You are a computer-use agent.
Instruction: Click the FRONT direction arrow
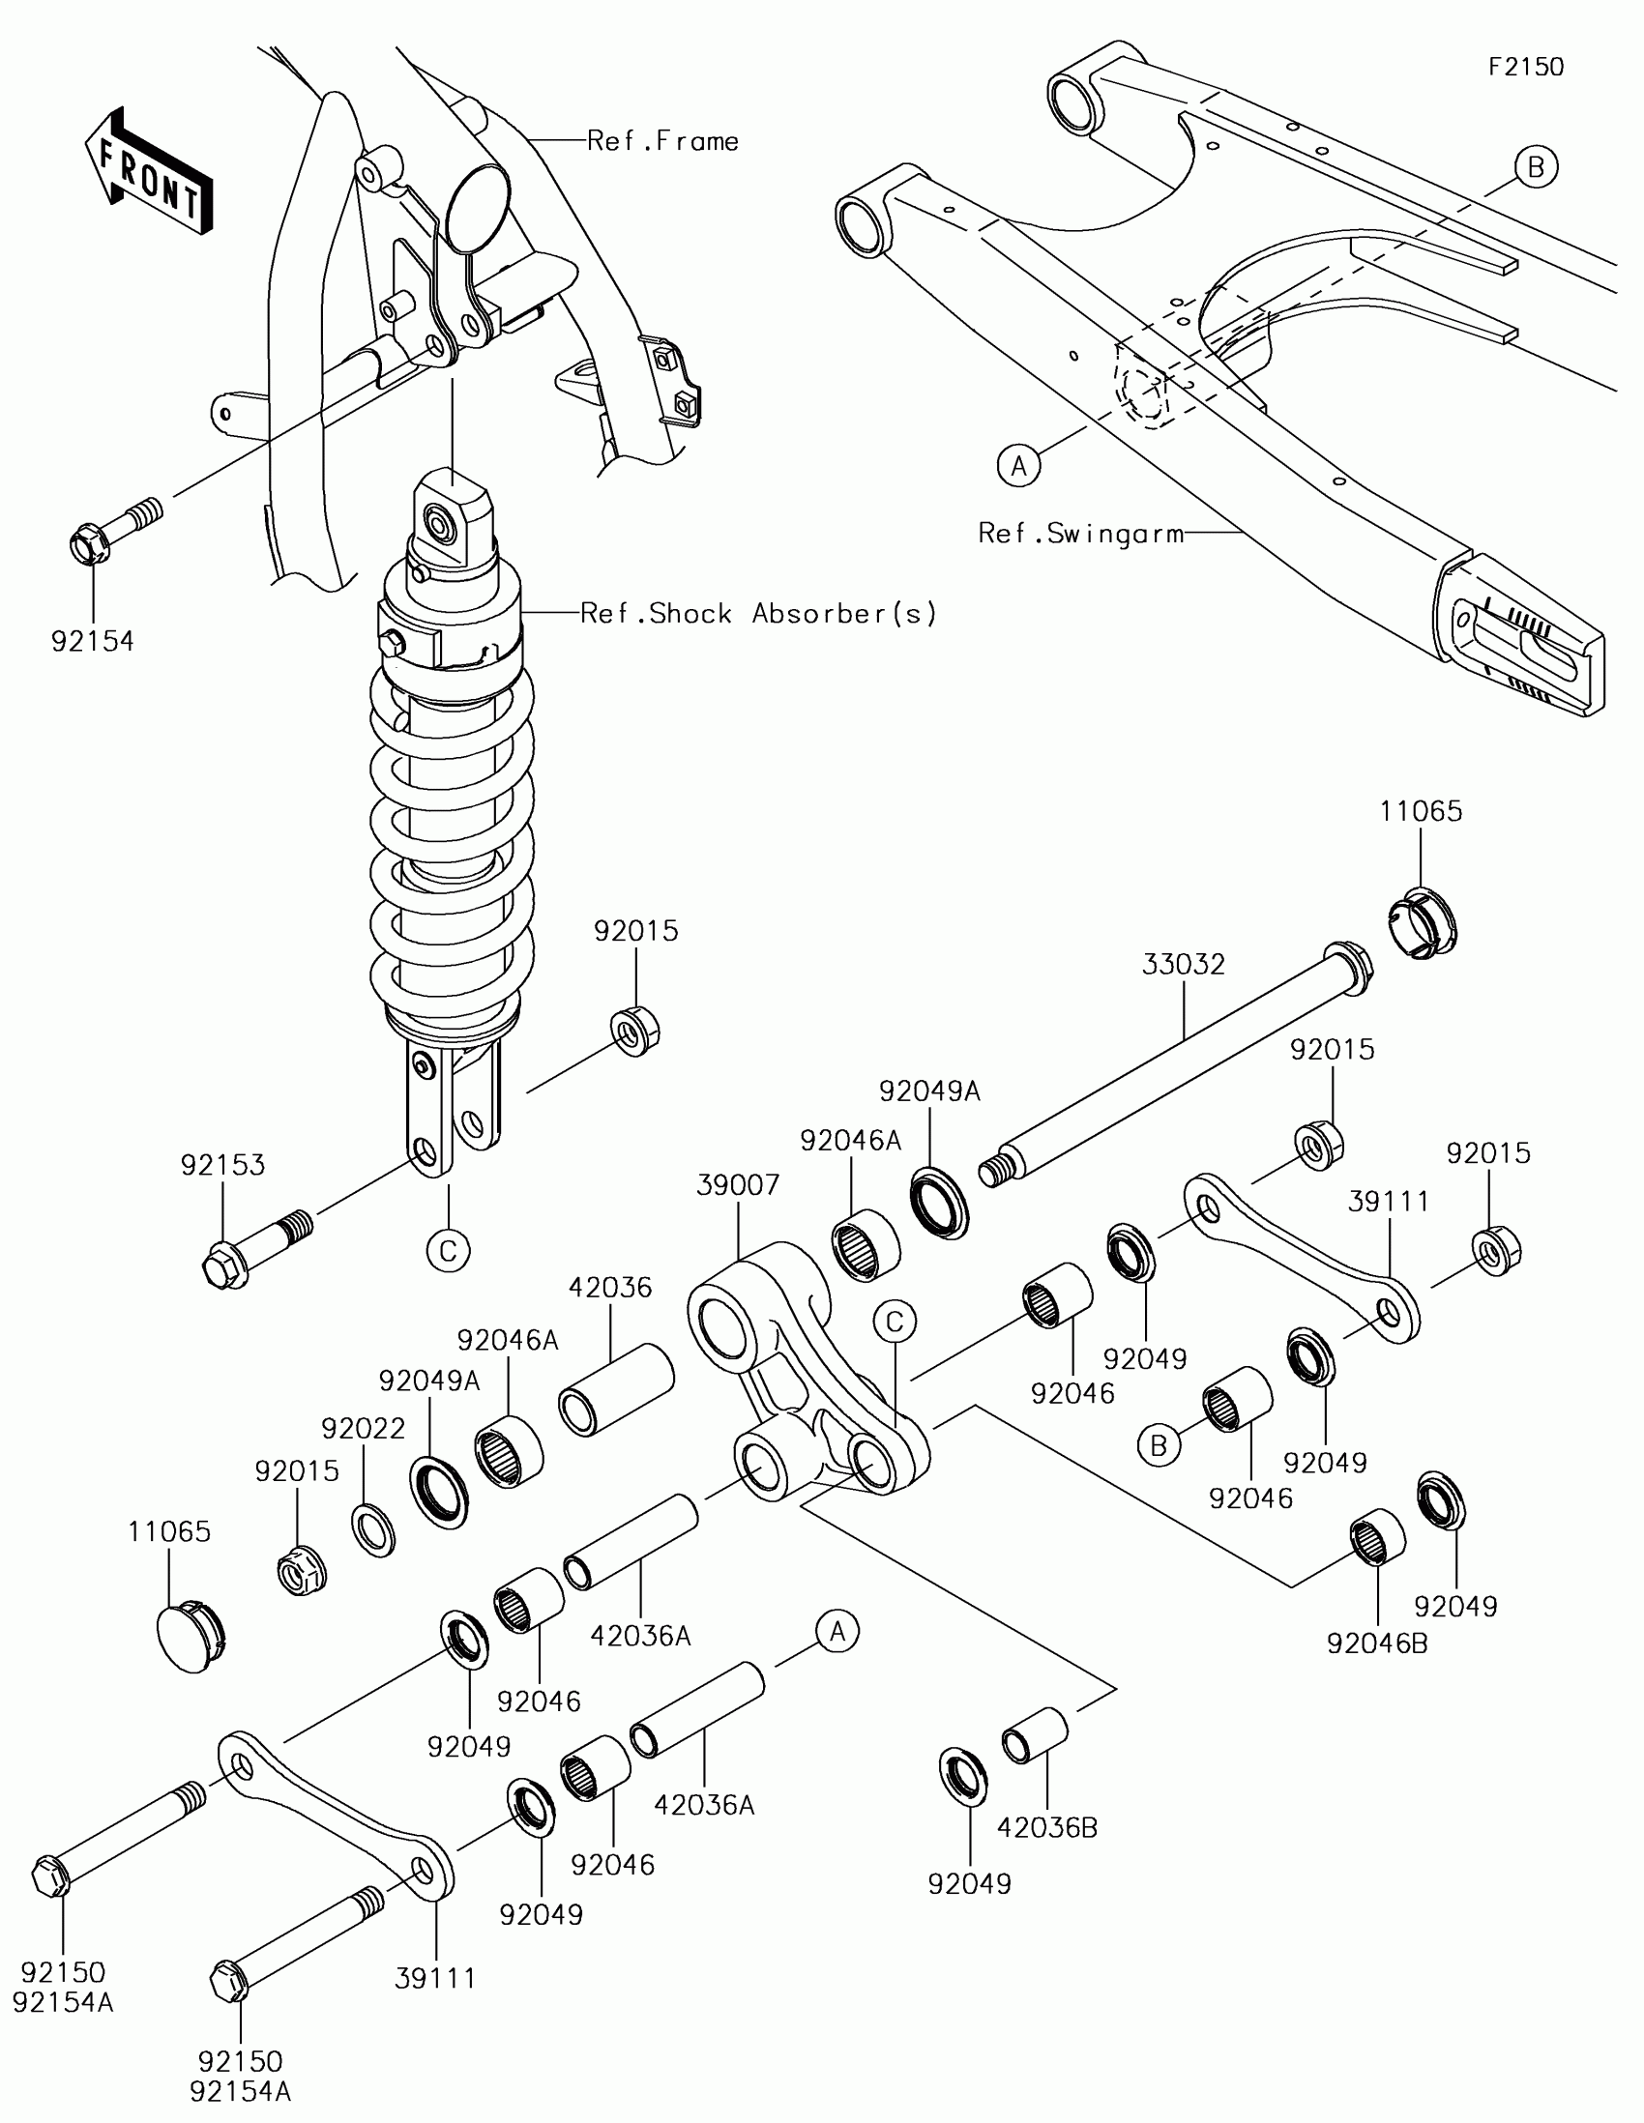pyautogui.click(x=149, y=169)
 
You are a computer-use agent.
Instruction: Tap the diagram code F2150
pyautogui.click(x=1526, y=66)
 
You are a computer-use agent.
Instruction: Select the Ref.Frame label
pyautogui.click(x=663, y=141)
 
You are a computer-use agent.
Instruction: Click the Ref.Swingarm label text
pyautogui.click(x=1081, y=533)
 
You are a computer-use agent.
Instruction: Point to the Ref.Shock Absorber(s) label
pyautogui.click(x=758, y=613)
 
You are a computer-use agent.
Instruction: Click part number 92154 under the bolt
pyautogui.click(x=93, y=641)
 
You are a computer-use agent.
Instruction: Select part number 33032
pyautogui.click(x=1183, y=964)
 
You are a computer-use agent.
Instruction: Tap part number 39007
pyautogui.click(x=738, y=1185)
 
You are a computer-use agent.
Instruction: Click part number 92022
pyautogui.click(x=364, y=1428)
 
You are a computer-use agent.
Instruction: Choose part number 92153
pyautogui.click(x=222, y=1165)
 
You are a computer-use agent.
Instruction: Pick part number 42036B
pyautogui.click(x=1047, y=1828)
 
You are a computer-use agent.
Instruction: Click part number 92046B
pyautogui.click(x=1378, y=1643)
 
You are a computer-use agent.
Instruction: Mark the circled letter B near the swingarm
pyautogui.click(x=1536, y=167)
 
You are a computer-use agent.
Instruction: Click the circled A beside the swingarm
pyautogui.click(x=1019, y=467)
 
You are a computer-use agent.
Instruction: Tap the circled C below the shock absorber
pyautogui.click(x=448, y=1250)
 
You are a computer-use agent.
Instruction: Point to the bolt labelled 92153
pyautogui.click(x=257, y=1249)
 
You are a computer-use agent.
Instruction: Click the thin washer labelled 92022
pyautogui.click(x=373, y=1530)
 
